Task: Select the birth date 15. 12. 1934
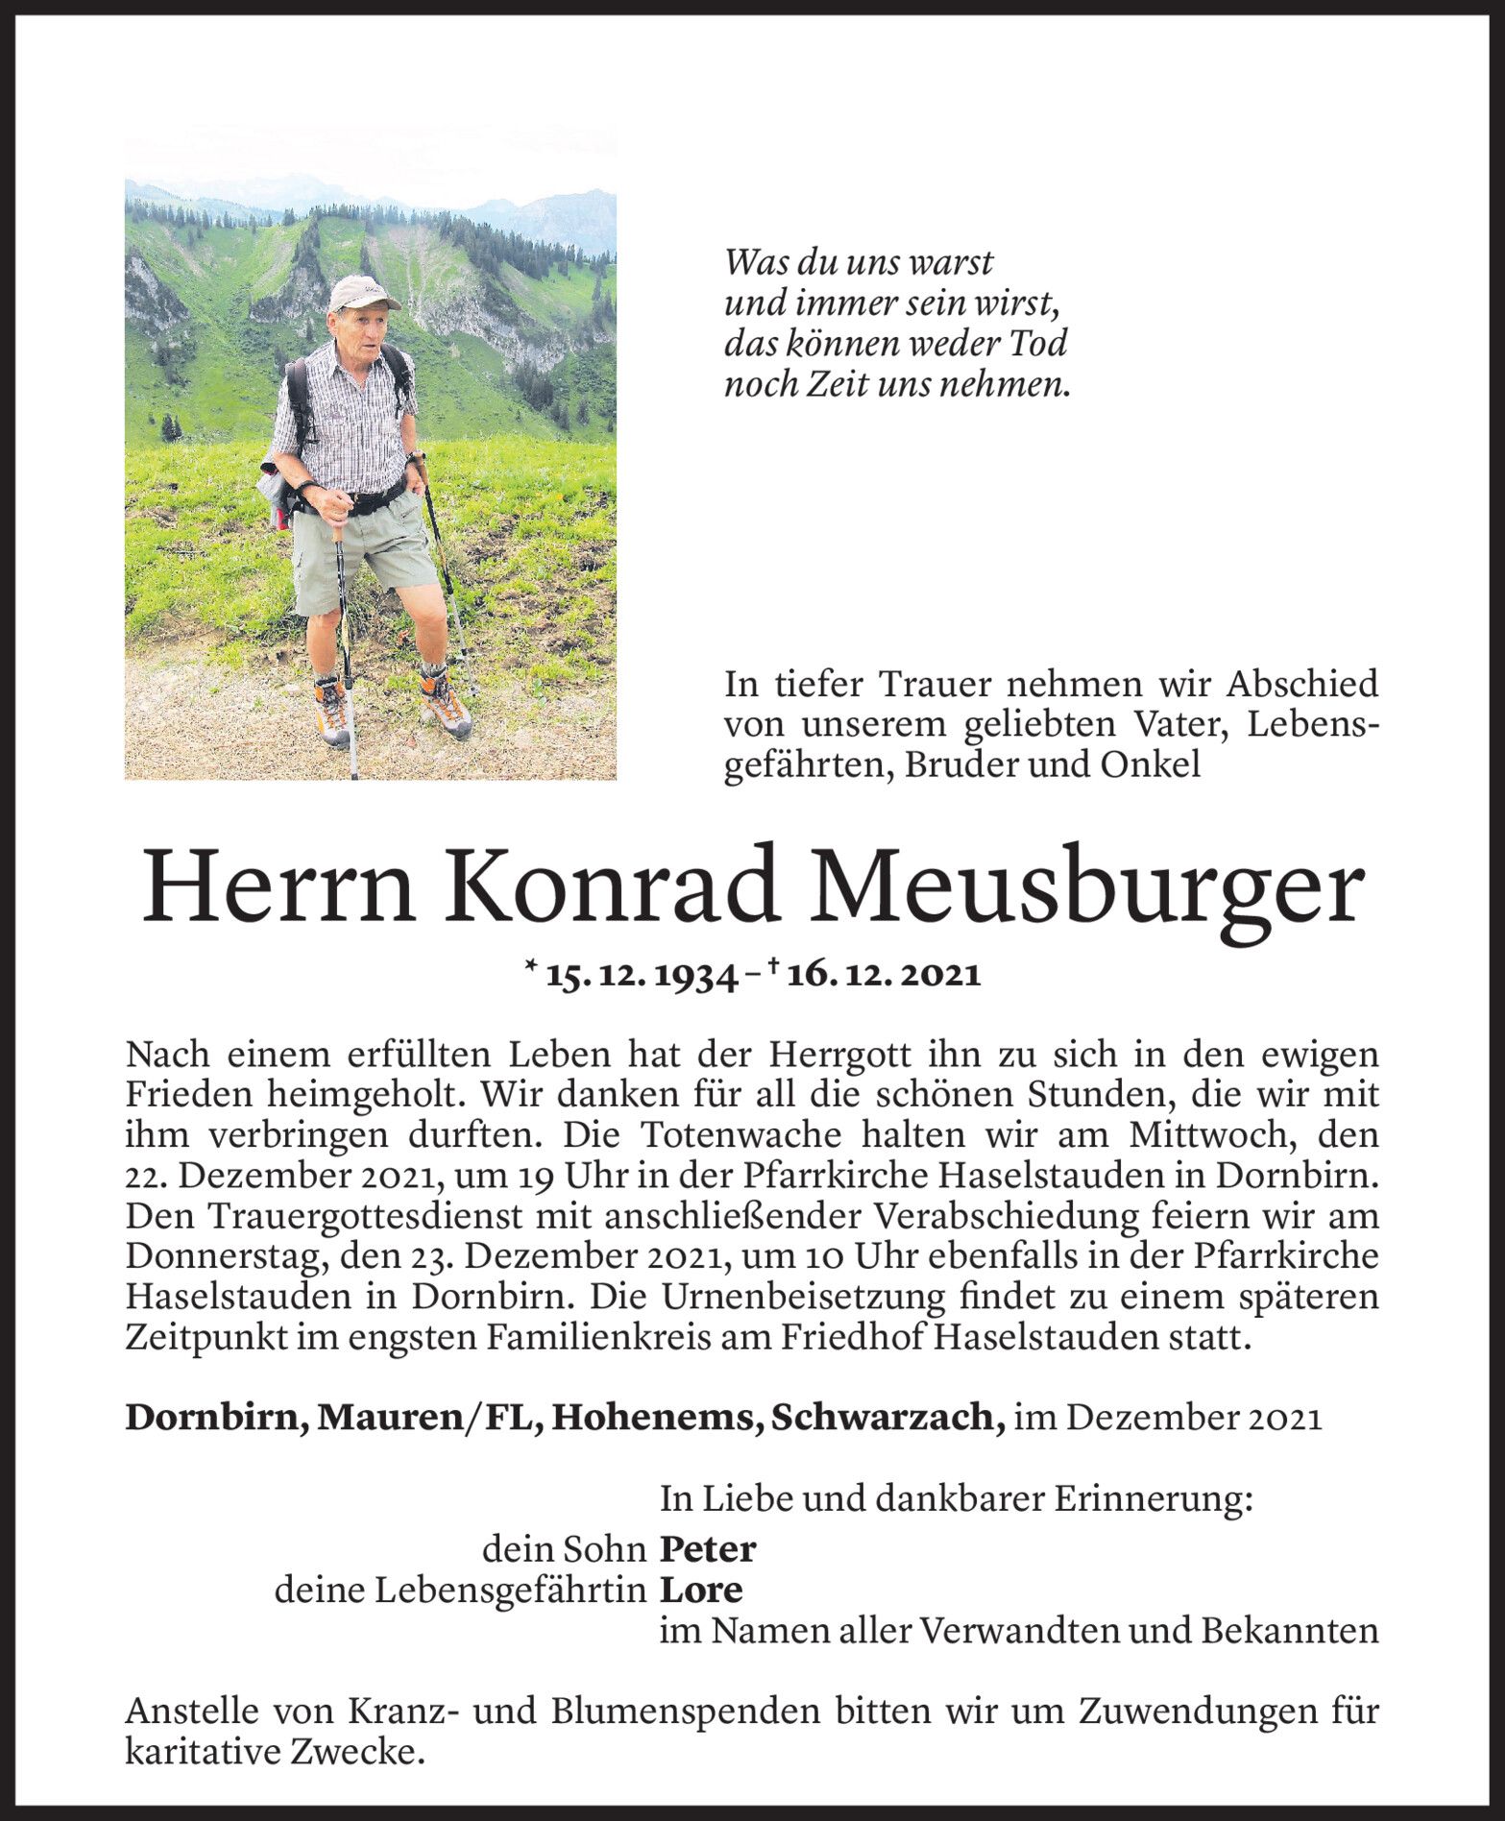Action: (641, 975)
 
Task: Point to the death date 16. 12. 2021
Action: (885, 975)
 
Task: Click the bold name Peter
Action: (708, 1549)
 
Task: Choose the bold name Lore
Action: (701, 1590)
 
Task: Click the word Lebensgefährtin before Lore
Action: (508, 1590)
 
